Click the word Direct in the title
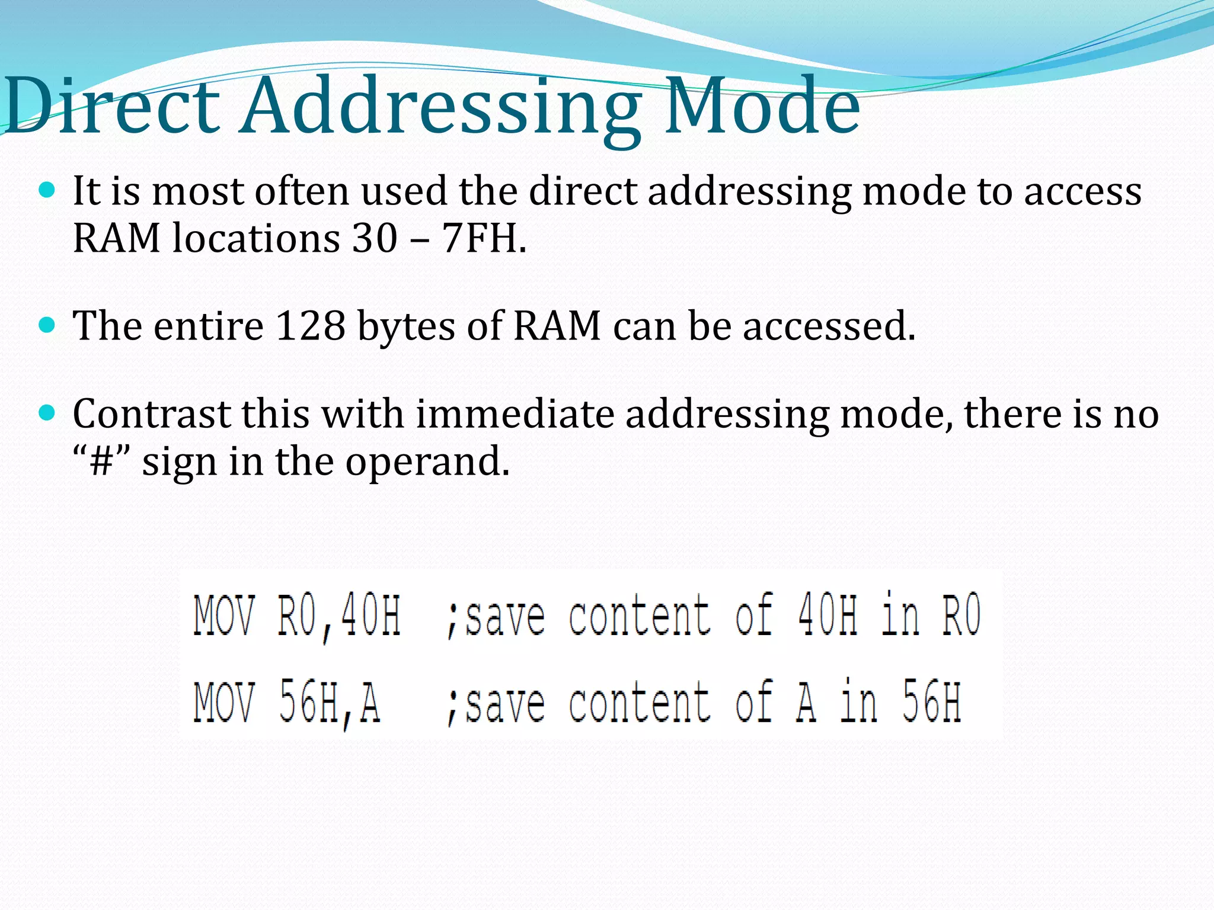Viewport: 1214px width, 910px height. click(113, 107)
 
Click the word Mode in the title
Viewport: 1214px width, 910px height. click(762, 107)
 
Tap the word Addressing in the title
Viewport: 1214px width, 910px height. click(442, 110)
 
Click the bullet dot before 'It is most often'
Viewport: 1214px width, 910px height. click(47, 191)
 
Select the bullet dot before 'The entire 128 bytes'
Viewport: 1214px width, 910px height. click(47, 325)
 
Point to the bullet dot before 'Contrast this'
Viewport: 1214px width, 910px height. click(47, 413)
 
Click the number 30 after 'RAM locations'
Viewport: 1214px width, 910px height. click(375, 238)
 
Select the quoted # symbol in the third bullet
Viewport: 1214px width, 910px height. click(101, 462)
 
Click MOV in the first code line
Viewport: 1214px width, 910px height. click(225, 616)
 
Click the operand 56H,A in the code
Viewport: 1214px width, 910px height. click(330, 703)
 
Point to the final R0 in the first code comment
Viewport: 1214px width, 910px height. click(961, 616)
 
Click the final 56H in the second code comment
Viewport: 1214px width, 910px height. click(931, 703)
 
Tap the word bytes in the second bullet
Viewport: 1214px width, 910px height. click(406, 327)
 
